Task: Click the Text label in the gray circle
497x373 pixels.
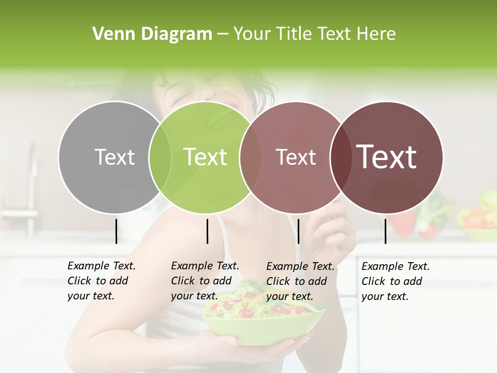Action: coord(114,157)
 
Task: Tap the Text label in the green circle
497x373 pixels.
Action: coord(206,157)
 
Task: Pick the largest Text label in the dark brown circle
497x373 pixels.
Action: coord(387,157)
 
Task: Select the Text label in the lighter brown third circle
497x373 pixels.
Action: coord(296,157)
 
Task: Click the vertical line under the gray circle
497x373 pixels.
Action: coord(116,231)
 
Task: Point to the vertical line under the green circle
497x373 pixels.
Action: coord(207,231)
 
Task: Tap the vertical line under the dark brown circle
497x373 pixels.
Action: coord(386,231)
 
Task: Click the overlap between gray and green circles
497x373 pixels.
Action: coord(160,157)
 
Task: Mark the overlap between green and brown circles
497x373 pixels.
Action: coord(251,157)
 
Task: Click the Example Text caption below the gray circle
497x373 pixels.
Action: coord(101,281)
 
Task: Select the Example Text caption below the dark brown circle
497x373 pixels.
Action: coord(395,281)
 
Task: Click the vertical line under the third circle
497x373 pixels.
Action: coord(298,231)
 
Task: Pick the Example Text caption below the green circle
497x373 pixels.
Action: coord(204,281)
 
